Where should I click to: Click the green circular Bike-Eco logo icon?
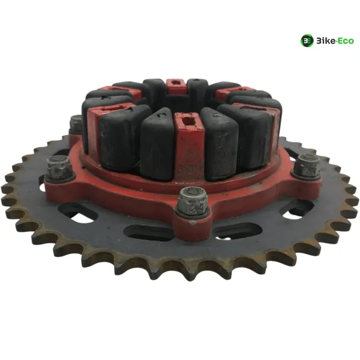(307, 41)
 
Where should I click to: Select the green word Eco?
(346, 41)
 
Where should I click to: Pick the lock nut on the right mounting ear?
(307, 165)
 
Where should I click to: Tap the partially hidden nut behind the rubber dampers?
(76, 124)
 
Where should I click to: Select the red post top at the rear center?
(175, 86)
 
